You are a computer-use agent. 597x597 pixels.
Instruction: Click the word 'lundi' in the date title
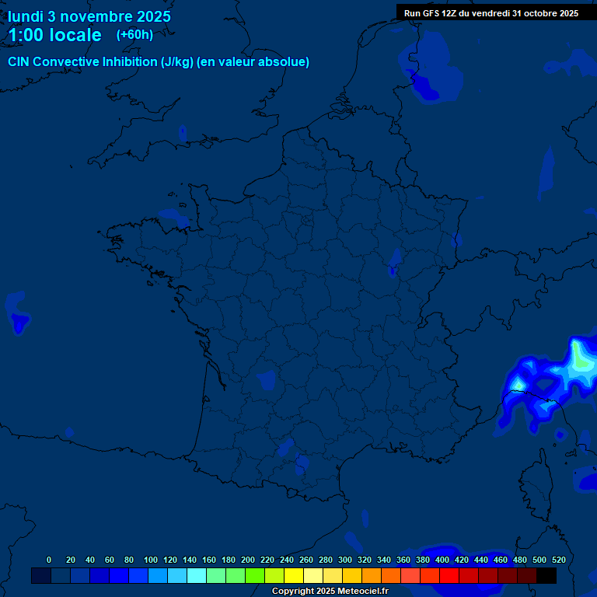(x=26, y=16)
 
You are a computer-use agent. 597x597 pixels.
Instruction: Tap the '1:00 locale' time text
(x=55, y=35)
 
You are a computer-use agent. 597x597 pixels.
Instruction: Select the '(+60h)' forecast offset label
(x=134, y=35)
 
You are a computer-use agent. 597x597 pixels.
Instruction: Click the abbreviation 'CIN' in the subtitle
(x=19, y=62)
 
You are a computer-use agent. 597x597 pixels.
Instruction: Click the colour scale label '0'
(x=49, y=560)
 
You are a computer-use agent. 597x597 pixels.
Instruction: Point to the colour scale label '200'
(x=248, y=560)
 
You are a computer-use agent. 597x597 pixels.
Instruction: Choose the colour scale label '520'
(x=558, y=560)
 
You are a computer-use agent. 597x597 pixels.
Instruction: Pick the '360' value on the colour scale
(x=403, y=560)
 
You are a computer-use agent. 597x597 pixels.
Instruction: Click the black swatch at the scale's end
(x=546, y=575)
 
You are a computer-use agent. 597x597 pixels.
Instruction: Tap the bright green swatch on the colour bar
(x=255, y=575)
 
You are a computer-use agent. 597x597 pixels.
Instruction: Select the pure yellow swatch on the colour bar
(x=294, y=575)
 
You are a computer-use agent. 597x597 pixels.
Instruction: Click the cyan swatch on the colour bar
(x=197, y=575)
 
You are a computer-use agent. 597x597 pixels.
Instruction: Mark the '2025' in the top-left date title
(x=152, y=16)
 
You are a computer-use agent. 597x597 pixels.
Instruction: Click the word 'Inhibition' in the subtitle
(x=130, y=62)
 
